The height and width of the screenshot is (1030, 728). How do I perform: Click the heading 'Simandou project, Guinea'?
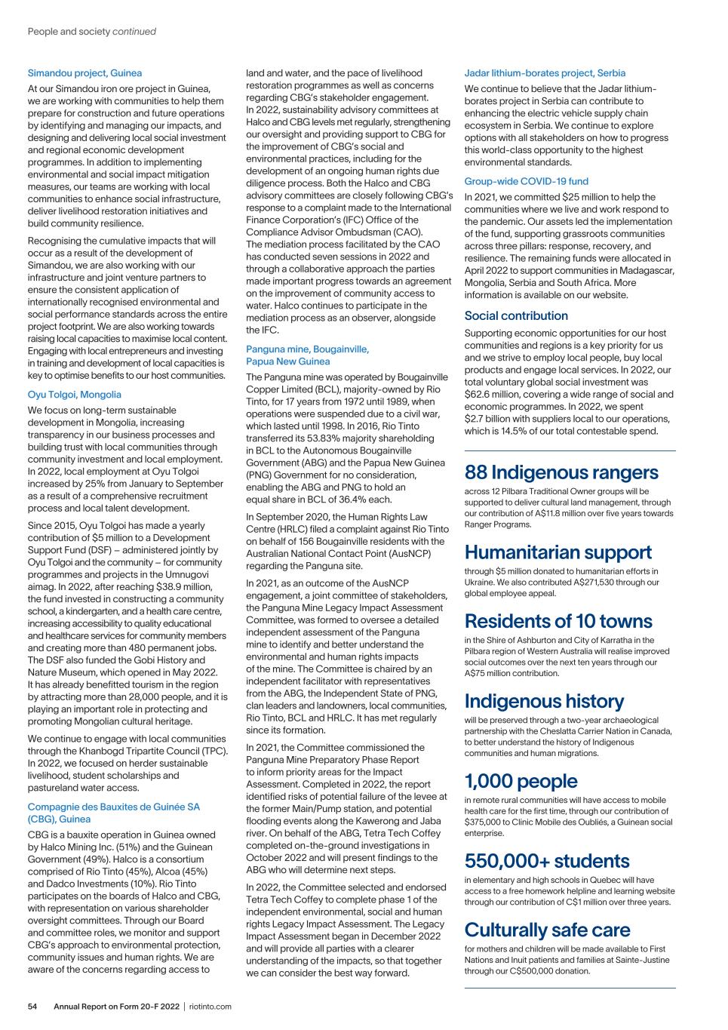point(84,73)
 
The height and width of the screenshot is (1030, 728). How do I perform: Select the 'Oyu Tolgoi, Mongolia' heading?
point(74,395)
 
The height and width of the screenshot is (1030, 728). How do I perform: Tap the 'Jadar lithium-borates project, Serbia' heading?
point(545,73)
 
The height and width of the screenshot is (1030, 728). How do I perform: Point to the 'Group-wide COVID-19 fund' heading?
point(526,181)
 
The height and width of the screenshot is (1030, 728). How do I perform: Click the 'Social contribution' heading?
point(516,315)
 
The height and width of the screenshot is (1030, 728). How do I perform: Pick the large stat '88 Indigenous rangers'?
point(561,472)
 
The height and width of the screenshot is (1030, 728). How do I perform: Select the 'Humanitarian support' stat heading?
point(558,552)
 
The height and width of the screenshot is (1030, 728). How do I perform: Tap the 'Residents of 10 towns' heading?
point(558,621)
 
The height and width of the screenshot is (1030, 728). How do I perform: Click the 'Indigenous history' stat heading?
point(544,701)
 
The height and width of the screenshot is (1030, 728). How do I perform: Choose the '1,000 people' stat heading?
point(521,781)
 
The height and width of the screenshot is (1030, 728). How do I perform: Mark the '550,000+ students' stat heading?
point(546,861)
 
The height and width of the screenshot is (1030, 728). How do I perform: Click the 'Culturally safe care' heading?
point(547,930)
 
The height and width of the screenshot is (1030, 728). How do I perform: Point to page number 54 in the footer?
point(33,1007)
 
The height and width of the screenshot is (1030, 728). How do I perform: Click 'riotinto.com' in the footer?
point(210,1007)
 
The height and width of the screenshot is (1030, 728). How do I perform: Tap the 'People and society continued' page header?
point(92,32)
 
